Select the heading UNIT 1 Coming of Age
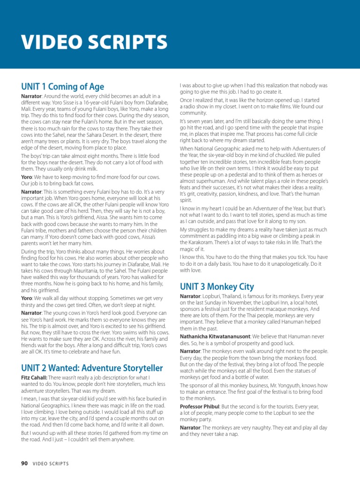tap(62, 87)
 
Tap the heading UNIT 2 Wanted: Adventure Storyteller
tap(92, 368)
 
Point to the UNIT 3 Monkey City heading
tap(217, 286)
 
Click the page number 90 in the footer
tap(24, 464)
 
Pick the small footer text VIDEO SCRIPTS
tap(51, 464)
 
